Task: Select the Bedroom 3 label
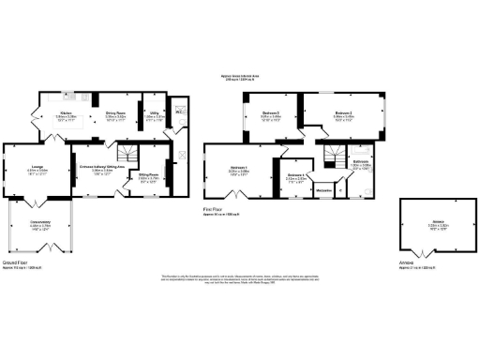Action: tap(246, 115)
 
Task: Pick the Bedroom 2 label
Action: tap(341, 115)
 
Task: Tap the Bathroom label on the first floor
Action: tap(360, 161)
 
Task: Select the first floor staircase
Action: tap(331, 156)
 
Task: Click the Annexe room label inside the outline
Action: tap(427, 225)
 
